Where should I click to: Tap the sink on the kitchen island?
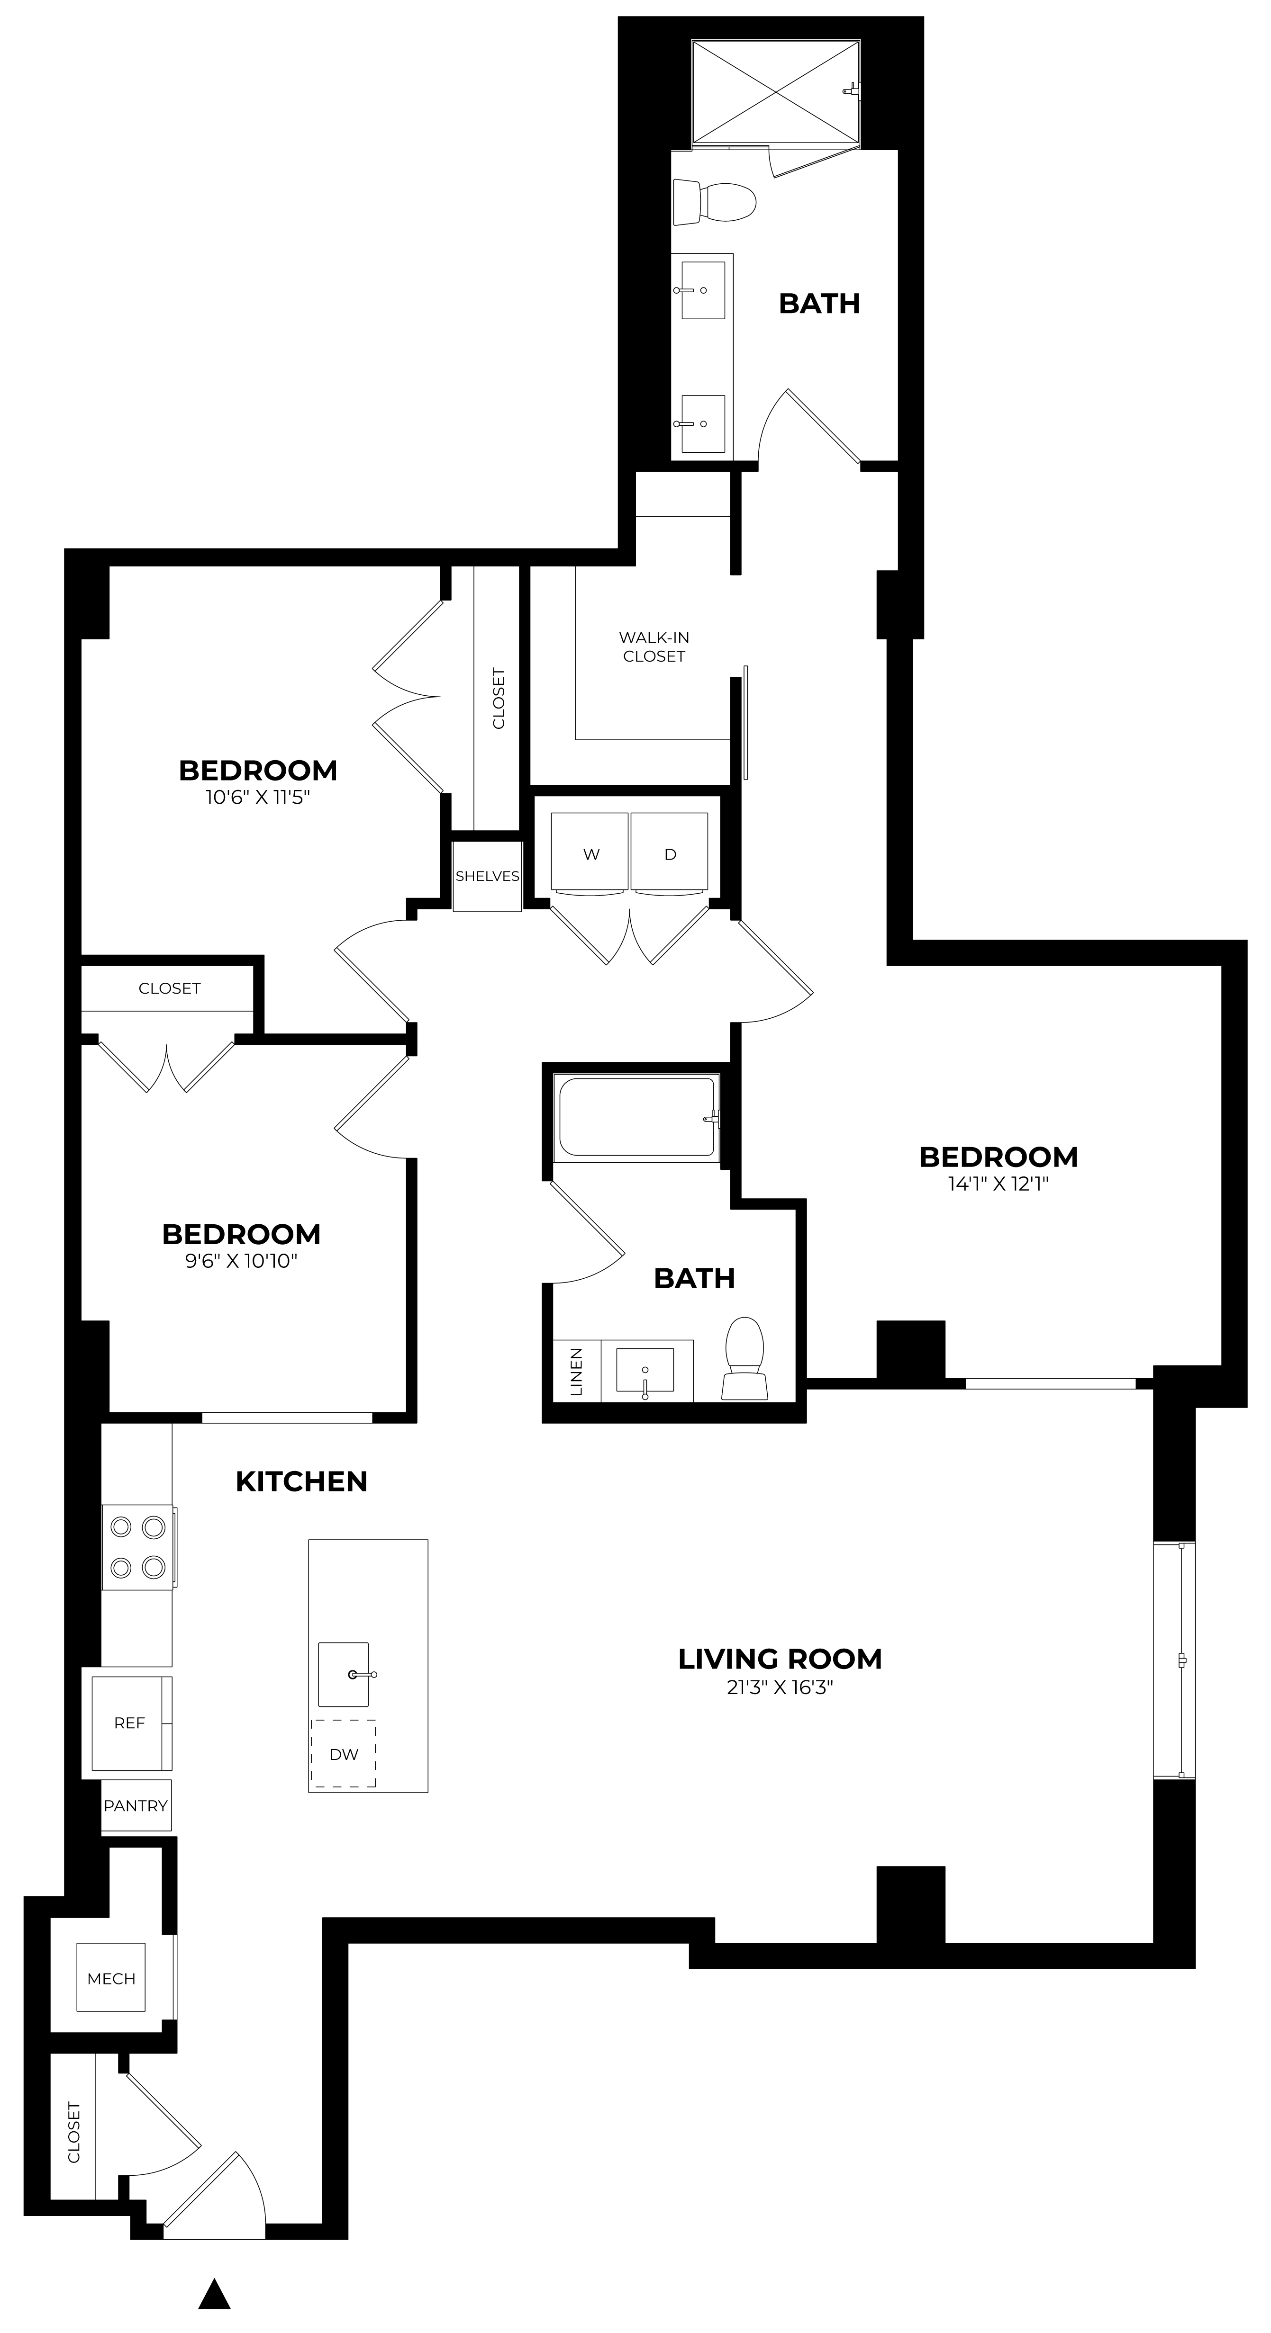point(344,1674)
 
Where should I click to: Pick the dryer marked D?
point(670,852)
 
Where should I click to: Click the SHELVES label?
point(487,876)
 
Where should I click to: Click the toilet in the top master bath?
point(716,202)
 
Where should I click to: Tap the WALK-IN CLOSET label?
point(654,646)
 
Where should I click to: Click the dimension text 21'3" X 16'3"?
point(779,1687)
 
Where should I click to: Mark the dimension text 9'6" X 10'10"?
point(242,1261)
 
